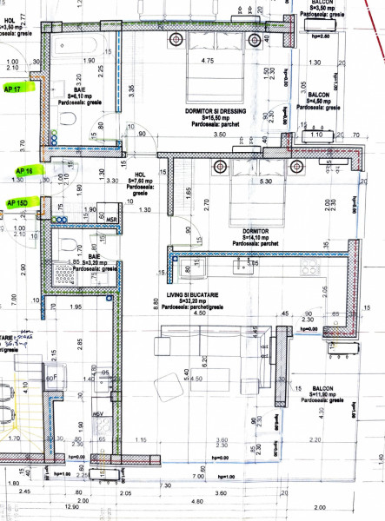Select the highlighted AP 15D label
point(17,202)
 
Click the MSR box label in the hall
point(106,218)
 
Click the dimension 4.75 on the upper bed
point(207,61)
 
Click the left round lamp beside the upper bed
point(177,38)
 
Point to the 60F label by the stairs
point(50,379)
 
